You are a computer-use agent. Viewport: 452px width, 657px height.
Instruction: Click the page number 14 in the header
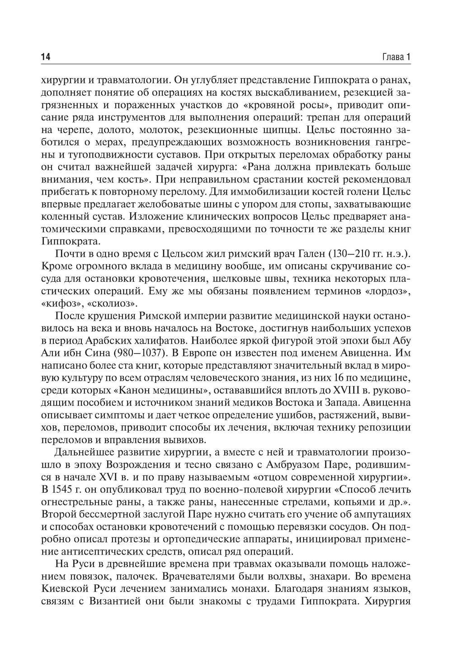pos(45,57)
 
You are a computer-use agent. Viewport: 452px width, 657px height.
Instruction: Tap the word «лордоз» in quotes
pos(390,291)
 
